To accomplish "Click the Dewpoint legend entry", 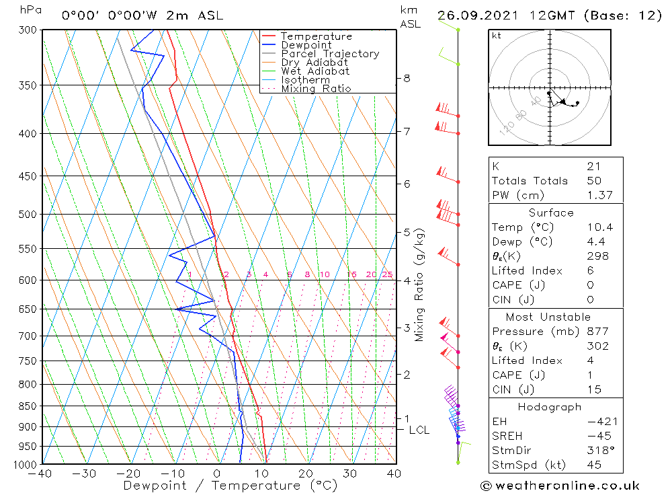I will coord(306,45).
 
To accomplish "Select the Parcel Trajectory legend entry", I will coord(330,54).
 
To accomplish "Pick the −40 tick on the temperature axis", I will coord(40,473).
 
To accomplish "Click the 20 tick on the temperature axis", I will coord(306,473).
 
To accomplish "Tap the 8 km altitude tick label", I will coord(407,78).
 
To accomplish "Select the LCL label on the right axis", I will coord(419,430).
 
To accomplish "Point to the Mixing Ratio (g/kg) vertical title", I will coord(420,285).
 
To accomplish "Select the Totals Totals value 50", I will coord(594,181).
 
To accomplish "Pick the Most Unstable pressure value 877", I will coord(597,332).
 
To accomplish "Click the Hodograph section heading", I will coord(550,407).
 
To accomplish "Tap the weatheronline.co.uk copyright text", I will coord(560,486).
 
